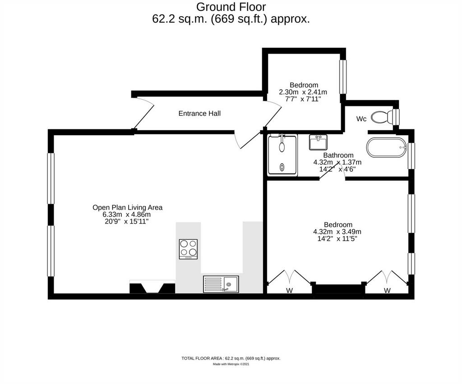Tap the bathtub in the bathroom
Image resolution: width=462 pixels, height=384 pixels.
click(x=387, y=147)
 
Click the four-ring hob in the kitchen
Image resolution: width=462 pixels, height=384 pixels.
click(x=188, y=249)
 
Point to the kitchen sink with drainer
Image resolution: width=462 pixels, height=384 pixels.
click(x=221, y=284)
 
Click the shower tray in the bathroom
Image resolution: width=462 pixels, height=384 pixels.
click(x=282, y=155)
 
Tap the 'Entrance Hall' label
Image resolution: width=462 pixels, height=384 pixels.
click(x=199, y=113)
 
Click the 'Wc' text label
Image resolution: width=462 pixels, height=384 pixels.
click(x=361, y=119)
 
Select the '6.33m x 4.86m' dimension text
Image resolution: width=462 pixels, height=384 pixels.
click(x=126, y=214)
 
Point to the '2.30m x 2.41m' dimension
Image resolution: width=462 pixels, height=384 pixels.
click(x=303, y=92)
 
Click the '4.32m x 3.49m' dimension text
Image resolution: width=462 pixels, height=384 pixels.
click(x=337, y=232)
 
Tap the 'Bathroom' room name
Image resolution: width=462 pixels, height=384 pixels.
click(x=338, y=155)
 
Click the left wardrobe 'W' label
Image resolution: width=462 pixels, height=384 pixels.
click(x=289, y=290)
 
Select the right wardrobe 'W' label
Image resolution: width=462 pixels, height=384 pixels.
click(x=387, y=290)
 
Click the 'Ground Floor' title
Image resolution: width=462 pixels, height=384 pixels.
click(x=231, y=7)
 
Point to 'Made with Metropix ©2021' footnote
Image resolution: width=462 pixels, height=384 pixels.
click(x=231, y=364)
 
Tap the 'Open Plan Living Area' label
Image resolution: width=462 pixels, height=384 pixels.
click(x=127, y=207)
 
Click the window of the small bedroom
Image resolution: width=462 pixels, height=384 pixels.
click(x=343, y=77)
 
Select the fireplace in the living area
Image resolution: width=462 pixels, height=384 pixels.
click(x=152, y=287)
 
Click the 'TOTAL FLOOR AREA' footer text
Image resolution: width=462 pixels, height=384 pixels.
click(x=231, y=358)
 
